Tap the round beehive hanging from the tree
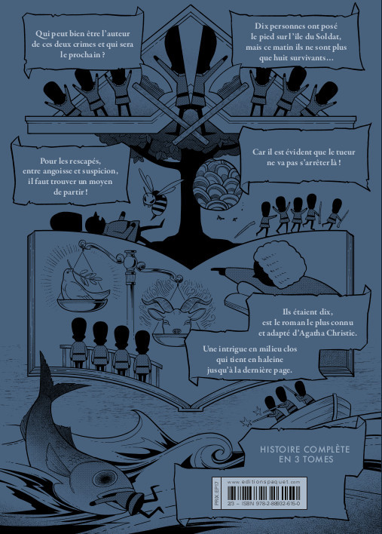217,184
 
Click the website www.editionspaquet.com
263,481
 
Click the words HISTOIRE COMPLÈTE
304,450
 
